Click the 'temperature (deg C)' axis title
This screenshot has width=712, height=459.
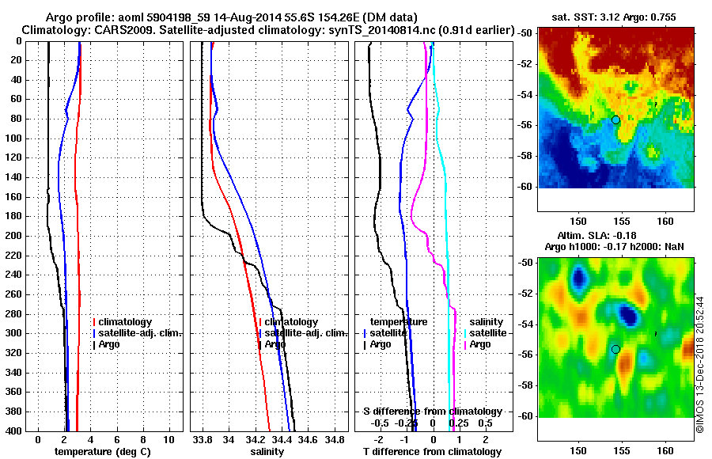pyautogui.click(x=103, y=452)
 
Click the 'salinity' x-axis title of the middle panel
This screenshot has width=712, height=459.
pyautogui.click(x=267, y=452)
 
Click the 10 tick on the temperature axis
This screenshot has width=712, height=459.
pyautogui.click(x=169, y=438)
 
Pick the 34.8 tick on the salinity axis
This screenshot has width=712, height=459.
pyautogui.click(x=335, y=438)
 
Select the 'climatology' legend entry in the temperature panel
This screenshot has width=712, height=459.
pyautogui.click(x=127, y=322)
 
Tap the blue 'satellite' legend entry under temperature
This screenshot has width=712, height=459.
pyautogui.click(x=388, y=333)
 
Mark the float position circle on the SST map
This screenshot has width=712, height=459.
pyautogui.click(x=615, y=119)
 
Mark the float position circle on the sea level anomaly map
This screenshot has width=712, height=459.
pyautogui.click(x=615, y=349)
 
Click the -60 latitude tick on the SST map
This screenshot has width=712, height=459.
pyautogui.click(x=524, y=188)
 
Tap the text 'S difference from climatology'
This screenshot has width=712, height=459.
pyautogui.click(x=433, y=412)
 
